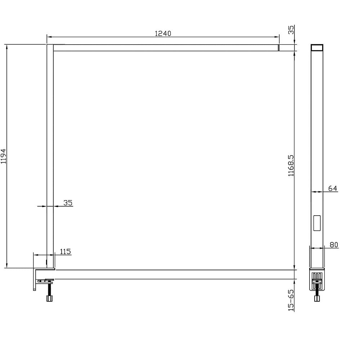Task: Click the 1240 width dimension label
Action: tap(163, 34)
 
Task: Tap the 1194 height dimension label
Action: tap(4, 156)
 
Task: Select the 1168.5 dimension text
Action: tap(291, 166)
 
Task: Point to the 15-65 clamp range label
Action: tap(291, 300)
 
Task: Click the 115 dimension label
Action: tap(65, 252)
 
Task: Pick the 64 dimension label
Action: tap(332, 189)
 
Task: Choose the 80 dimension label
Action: tap(334, 245)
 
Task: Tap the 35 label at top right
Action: tap(291, 30)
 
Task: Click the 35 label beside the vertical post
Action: tap(68, 203)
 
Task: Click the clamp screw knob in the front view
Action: tap(49, 298)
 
